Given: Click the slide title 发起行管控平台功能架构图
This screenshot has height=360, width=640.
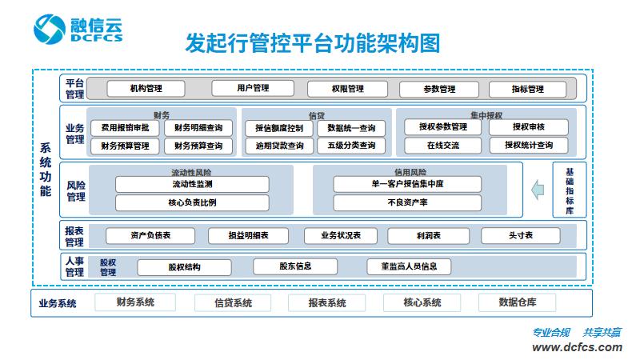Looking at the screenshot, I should pyautogui.click(x=313, y=42).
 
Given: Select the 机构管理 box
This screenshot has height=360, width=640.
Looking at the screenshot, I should pyautogui.click(x=146, y=88).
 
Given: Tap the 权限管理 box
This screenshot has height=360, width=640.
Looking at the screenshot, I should pyautogui.click(x=347, y=88).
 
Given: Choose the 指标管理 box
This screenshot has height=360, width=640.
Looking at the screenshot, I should pyautogui.click(x=527, y=89).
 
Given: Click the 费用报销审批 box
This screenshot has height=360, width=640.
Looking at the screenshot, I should pyautogui.click(x=125, y=128).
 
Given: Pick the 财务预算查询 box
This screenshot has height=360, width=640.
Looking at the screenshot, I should pyautogui.click(x=198, y=146).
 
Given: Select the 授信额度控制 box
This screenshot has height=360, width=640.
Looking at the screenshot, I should pyautogui.click(x=279, y=128).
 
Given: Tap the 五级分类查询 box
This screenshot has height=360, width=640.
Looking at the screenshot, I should pyautogui.click(x=350, y=146).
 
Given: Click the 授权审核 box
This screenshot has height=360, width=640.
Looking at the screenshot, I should pyautogui.click(x=528, y=127).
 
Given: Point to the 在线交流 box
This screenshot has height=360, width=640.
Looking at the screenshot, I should pyautogui.click(x=442, y=145).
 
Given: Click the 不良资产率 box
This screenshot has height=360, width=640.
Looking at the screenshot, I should pyautogui.click(x=407, y=202).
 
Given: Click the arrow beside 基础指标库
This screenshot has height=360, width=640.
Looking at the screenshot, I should pyautogui.click(x=538, y=190).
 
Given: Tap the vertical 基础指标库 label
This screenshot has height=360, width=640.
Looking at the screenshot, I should pyautogui.click(x=569, y=190).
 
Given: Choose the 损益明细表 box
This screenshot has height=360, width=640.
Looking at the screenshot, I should pyautogui.click(x=249, y=236).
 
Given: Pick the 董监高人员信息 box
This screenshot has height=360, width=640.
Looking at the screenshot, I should pyautogui.click(x=409, y=266).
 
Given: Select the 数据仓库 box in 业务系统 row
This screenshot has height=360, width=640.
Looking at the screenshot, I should pyautogui.click(x=517, y=302).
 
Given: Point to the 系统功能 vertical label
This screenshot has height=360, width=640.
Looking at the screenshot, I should pyautogui.click(x=46, y=170).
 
